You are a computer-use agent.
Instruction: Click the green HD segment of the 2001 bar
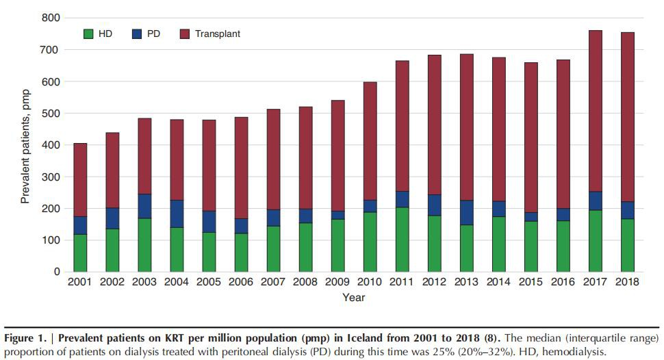[x=80, y=253]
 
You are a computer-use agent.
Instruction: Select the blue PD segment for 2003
[x=144, y=206]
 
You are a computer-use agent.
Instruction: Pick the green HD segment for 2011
[x=402, y=240]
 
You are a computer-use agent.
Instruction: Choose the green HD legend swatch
[x=88, y=34]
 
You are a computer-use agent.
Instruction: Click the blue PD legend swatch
[x=135, y=34]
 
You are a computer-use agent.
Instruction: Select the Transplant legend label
[x=217, y=34]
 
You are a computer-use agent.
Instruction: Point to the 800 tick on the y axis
[x=51, y=18]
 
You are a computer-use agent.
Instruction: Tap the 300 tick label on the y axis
[x=51, y=177]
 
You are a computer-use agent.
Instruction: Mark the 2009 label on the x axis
[x=337, y=282]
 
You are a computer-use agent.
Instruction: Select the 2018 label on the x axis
[x=628, y=282]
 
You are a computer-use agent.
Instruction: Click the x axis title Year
[x=354, y=298]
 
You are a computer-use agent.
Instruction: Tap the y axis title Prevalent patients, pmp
[x=25, y=144]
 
